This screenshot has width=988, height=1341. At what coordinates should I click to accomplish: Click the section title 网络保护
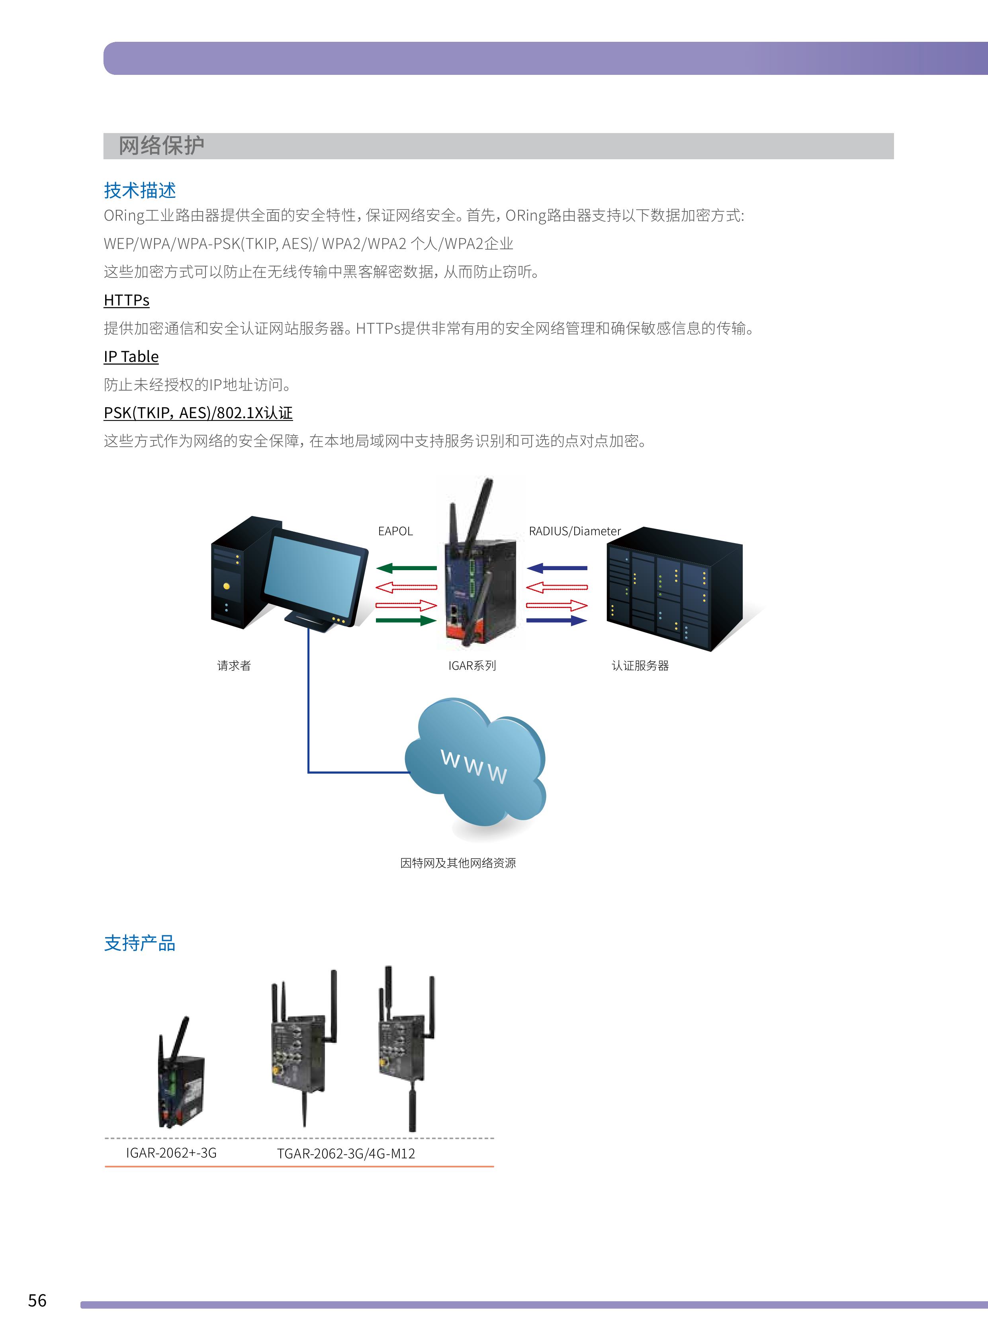point(161,145)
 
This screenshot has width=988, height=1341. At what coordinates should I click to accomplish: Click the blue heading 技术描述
point(139,190)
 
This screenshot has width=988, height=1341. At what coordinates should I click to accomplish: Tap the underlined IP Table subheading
point(131,356)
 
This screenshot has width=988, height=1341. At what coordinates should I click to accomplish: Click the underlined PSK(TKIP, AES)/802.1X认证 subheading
point(198,412)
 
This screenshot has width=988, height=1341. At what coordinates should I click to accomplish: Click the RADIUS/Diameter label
point(574,531)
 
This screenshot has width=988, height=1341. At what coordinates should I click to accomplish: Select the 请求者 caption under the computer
point(234,665)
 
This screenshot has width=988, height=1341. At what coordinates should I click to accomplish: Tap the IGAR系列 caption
point(472,665)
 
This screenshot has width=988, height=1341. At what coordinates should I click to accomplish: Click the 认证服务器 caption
point(640,665)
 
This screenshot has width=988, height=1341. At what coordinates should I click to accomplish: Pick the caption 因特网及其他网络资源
point(458,863)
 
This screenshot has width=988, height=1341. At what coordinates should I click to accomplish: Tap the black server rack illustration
point(673,589)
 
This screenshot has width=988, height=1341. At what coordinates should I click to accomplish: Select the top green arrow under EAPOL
point(406,568)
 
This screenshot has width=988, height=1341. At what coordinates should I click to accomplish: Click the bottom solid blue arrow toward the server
point(556,621)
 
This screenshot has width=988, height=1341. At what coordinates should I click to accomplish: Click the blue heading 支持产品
point(139,943)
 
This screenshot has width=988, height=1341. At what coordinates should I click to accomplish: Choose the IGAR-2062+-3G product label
point(171,1153)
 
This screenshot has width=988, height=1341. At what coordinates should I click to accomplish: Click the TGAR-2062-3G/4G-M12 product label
point(346,1153)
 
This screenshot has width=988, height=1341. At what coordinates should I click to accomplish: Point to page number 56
point(37,1300)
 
